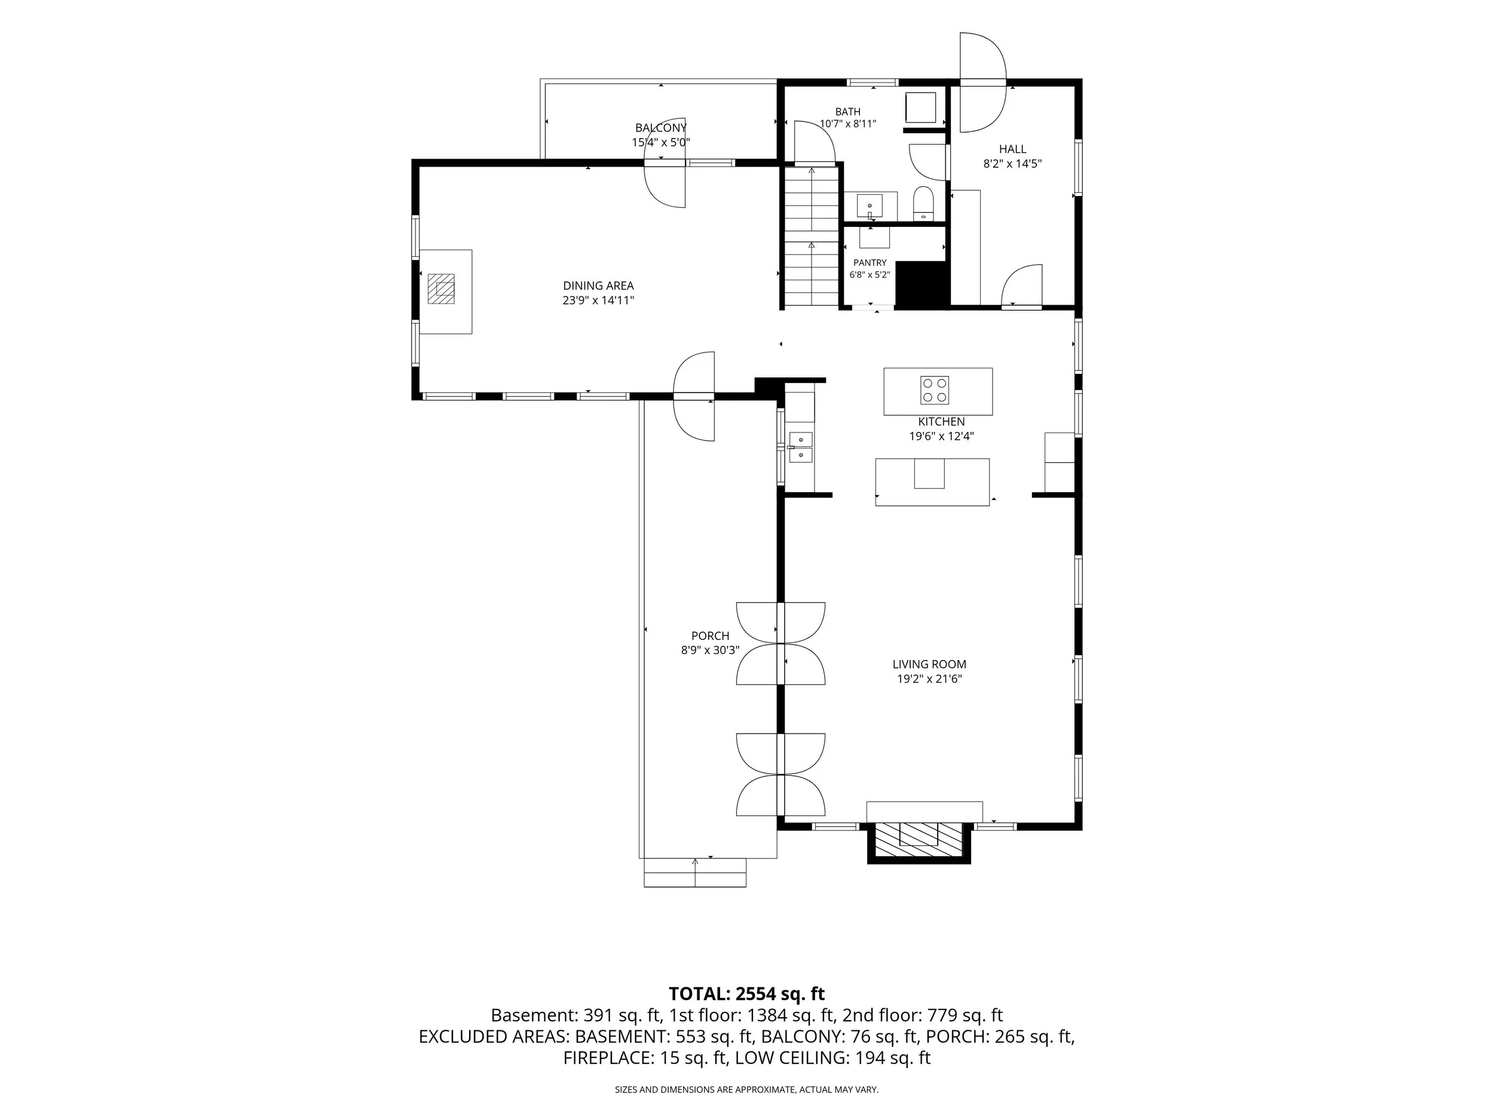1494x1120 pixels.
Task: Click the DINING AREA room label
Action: (x=598, y=286)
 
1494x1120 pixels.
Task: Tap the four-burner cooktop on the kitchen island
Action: (x=935, y=390)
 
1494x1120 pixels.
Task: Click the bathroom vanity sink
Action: (x=870, y=205)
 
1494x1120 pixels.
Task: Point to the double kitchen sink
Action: (x=801, y=447)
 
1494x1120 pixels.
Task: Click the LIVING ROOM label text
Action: (x=929, y=664)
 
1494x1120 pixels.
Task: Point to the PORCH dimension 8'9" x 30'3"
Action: (x=711, y=650)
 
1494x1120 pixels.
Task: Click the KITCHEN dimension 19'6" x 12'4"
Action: (x=941, y=436)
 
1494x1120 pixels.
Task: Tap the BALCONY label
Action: (x=660, y=128)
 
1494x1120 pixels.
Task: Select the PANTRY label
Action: (x=870, y=263)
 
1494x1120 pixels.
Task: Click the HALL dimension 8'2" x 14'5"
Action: (x=1012, y=164)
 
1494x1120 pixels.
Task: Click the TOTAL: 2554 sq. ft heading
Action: (x=746, y=994)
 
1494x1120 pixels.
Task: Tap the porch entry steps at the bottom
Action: (x=695, y=872)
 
